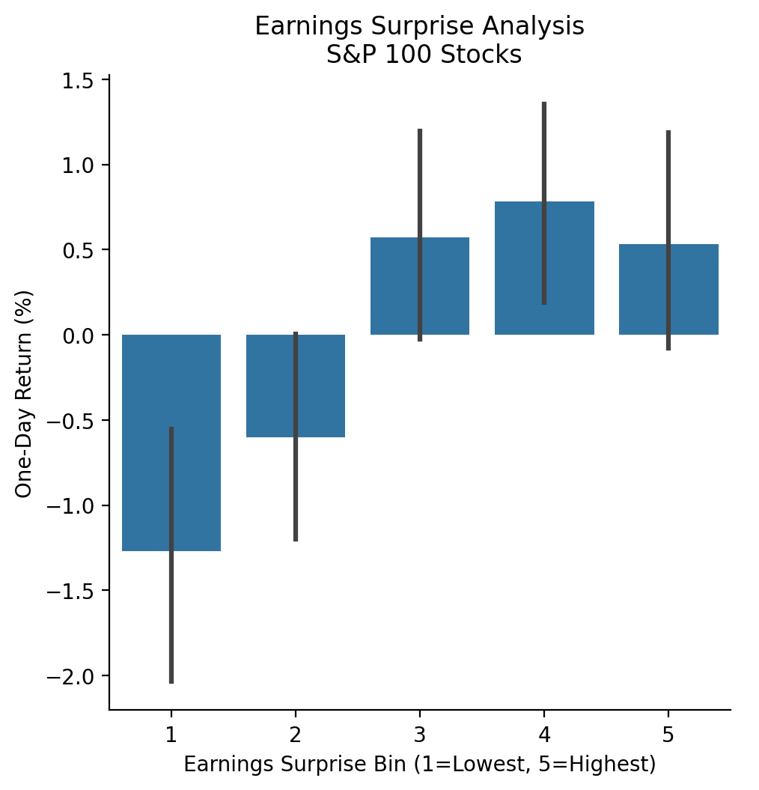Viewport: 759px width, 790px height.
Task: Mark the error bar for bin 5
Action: point(668,187)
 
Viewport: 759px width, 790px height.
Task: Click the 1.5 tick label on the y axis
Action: point(83,80)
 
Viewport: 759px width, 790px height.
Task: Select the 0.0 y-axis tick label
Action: point(83,335)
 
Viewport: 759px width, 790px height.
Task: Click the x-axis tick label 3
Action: point(420,735)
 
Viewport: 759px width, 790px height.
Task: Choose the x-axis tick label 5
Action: point(668,735)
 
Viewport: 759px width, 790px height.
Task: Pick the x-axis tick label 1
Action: point(171,735)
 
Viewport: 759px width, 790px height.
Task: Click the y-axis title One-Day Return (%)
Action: point(24,394)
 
